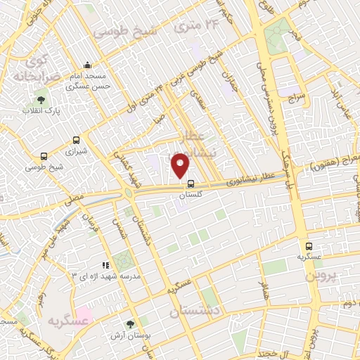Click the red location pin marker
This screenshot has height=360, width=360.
tap(181, 165)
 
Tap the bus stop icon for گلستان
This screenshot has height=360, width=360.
tap(191, 184)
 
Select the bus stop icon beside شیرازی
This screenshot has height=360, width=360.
tap(76, 139)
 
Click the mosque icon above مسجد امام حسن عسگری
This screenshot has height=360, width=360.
tap(86, 65)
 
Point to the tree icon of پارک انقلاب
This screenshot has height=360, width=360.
tap(40, 100)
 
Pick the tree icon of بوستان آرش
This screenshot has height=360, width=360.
tap(129, 324)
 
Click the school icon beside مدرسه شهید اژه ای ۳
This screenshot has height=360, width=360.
tap(105, 265)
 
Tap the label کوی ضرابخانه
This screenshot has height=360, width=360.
tap(30, 65)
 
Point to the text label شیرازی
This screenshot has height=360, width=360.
tap(75, 151)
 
